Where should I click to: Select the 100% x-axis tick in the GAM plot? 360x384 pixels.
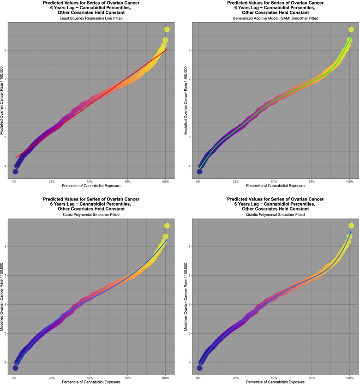349,181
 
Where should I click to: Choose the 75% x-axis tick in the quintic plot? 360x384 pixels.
312,378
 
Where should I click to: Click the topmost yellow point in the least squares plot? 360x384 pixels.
167,30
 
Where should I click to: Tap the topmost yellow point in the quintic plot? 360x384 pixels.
351,225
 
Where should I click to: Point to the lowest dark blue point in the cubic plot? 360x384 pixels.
15,368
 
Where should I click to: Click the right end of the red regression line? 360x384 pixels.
167,49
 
